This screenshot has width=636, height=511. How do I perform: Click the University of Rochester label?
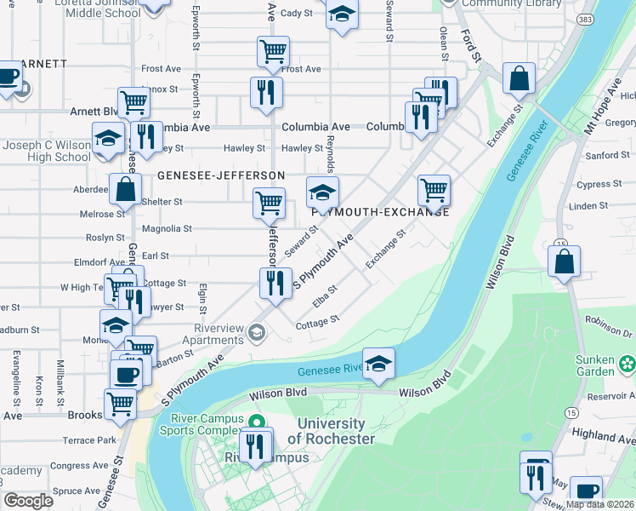coord(332,431)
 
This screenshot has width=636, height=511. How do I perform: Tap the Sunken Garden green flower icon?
coord(627,365)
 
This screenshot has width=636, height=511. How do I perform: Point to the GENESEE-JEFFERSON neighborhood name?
coord(220,175)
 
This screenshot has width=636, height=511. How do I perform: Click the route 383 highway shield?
coord(586,18)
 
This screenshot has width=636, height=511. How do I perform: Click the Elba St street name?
coord(326,295)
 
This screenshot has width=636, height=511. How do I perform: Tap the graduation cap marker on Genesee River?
coord(378,362)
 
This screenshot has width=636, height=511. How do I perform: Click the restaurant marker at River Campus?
coord(255,445)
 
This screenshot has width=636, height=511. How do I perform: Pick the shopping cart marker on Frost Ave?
coord(273,51)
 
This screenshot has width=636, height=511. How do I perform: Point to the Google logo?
coord(28,501)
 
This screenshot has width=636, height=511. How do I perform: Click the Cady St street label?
coord(297,13)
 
